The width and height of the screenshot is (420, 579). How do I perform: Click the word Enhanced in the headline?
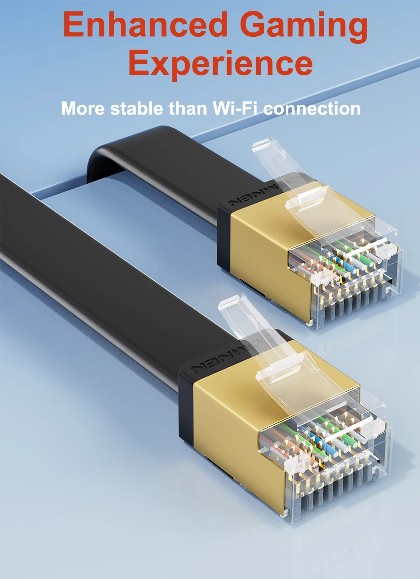pos(145,24)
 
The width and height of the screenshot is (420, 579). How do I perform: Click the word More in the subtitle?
pos(83,108)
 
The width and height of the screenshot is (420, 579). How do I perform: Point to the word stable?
pos(136,108)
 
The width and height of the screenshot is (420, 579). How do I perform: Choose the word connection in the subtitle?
pos(311,108)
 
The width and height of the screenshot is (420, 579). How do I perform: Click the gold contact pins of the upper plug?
pos(350,297)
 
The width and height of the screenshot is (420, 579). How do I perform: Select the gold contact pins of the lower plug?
pos(332,481)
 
